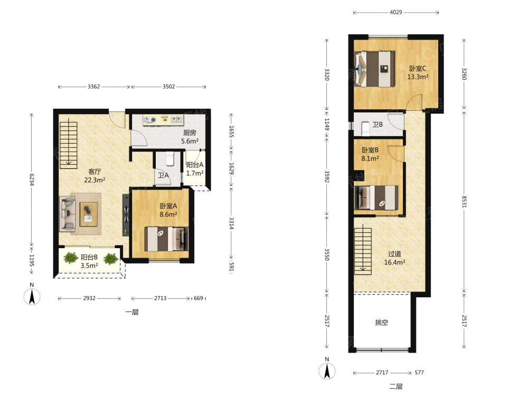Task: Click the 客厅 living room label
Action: click(x=95, y=172)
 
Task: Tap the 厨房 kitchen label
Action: click(x=190, y=133)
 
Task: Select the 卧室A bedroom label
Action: click(x=168, y=206)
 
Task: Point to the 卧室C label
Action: click(x=418, y=68)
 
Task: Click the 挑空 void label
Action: click(x=382, y=322)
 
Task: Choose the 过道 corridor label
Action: click(x=394, y=253)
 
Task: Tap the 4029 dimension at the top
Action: click(x=395, y=12)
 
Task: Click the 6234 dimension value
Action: click(x=31, y=180)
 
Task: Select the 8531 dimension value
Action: click(x=464, y=202)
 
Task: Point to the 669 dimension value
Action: click(x=199, y=298)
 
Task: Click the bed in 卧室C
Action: click(x=374, y=69)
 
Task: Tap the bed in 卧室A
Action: click(x=166, y=239)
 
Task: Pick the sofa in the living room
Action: click(x=68, y=214)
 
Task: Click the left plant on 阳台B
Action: click(x=71, y=258)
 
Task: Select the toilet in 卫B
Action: click(x=365, y=129)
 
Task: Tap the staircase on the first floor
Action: click(x=68, y=145)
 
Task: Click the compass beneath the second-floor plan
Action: click(x=327, y=371)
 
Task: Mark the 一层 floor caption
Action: click(x=132, y=312)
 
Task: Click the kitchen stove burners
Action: click(x=150, y=120)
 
